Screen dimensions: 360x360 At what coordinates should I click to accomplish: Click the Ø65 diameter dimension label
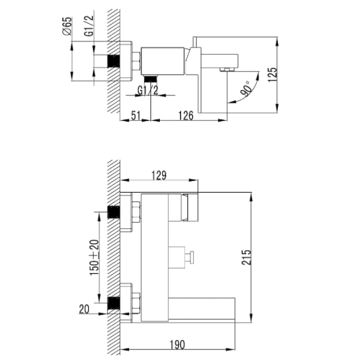tap(67, 26)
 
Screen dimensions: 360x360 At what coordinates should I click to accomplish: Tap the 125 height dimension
tap(273, 74)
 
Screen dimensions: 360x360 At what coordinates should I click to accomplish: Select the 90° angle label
tap(245, 88)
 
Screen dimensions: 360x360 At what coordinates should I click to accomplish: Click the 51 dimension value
tap(136, 115)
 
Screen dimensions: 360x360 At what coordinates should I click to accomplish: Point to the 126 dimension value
tap(186, 115)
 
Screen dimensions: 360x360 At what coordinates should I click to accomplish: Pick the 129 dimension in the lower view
tap(159, 176)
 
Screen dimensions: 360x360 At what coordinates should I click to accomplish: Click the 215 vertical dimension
tap(247, 257)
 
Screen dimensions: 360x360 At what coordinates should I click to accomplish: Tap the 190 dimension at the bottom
tap(177, 344)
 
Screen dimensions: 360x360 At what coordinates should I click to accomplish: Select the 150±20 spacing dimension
tap(94, 258)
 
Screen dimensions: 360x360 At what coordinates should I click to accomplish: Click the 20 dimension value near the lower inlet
tap(84, 309)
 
